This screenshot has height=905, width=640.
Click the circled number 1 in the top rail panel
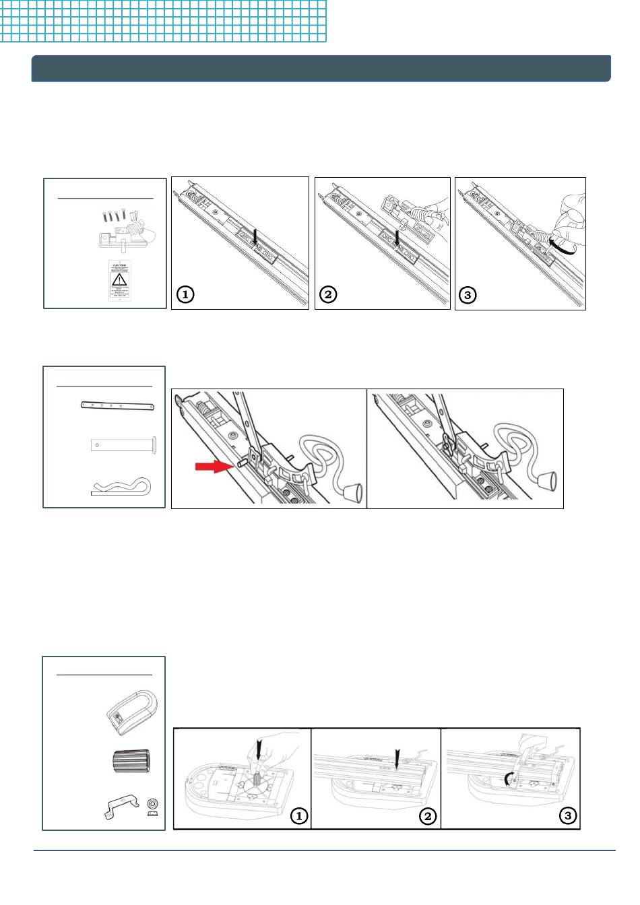pyautogui.click(x=185, y=294)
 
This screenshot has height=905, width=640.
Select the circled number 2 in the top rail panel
pyautogui.click(x=328, y=294)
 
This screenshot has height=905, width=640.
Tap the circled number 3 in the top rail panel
pyautogui.click(x=467, y=295)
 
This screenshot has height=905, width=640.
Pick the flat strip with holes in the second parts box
pyautogui.click(x=118, y=406)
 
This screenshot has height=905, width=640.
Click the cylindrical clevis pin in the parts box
pyautogui.click(x=124, y=445)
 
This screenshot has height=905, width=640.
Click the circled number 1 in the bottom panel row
pyautogui.click(x=298, y=816)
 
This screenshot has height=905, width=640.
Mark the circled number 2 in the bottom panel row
pyautogui.click(x=428, y=816)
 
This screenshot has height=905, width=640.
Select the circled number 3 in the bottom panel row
pyautogui.click(x=568, y=816)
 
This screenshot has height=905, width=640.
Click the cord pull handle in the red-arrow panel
pyautogui.click(x=354, y=497)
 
